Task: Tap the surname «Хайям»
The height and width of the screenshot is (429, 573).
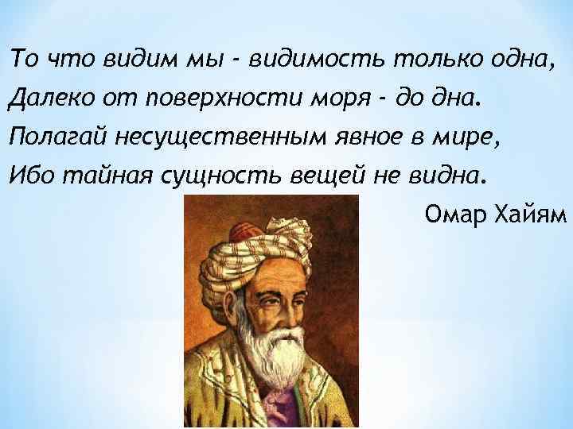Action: tap(530, 214)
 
